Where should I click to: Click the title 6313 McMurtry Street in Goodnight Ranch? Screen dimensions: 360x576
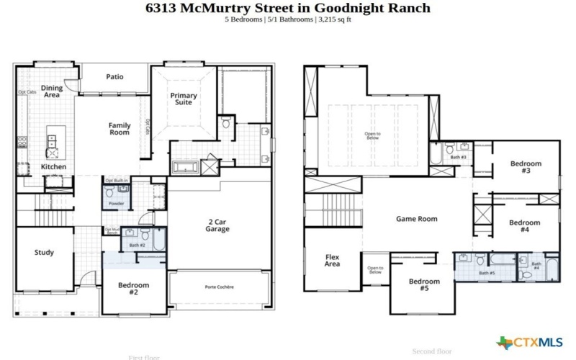[x=287, y=8]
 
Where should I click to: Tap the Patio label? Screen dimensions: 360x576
[x=114, y=76]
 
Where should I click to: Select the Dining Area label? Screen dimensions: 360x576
[x=51, y=91]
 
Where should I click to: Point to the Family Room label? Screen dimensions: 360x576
[x=120, y=129]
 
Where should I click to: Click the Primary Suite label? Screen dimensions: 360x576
[x=184, y=99]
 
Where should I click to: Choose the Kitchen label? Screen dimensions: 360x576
[x=53, y=167]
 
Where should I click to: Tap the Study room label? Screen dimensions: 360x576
[x=44, y=253]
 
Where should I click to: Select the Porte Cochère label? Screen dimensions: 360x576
[x=219, y=287]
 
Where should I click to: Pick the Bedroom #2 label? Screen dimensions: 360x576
[x=134, y=289]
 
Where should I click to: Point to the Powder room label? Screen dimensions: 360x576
[x=116, y=204]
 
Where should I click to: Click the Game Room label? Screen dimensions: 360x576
[x=417, y=219]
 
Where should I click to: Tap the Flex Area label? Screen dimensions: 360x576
[x=332, y=260]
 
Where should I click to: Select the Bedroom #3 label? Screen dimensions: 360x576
[x=525, y=167]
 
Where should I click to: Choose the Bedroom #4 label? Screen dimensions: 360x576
[x=524, y=227]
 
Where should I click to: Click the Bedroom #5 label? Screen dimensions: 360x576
[x=424, y=284]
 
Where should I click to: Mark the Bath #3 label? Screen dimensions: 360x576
[x=459, y=157]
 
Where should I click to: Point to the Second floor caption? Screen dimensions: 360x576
[x=432, y=351]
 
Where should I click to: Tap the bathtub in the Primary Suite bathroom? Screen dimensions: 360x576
[x=185, y=167]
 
